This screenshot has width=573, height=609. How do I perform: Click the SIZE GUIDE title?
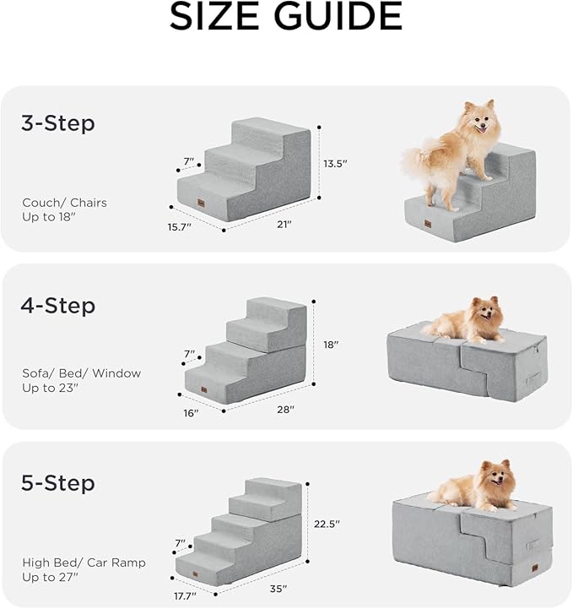click(x=286, y=18)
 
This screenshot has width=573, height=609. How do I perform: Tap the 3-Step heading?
click(x=58, y=123)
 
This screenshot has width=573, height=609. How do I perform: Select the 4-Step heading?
click(x=58, y=305)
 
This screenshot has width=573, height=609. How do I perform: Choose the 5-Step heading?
click(x=58, y=484)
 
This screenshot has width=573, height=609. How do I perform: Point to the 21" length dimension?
click(x=284, y=224)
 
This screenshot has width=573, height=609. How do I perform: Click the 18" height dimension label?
click(x=331, y=345)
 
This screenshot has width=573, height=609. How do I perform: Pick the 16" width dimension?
click(x=191, y=413)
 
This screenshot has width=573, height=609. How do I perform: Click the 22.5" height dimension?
click(x=327, y=524)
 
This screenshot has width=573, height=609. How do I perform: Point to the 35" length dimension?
click(x=278, y=588)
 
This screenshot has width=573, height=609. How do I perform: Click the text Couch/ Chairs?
click(x=65, y=203)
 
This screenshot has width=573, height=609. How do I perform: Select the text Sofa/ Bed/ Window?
click(x=81, y=372)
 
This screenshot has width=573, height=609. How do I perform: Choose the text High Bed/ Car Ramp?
click(x=84, y=563)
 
